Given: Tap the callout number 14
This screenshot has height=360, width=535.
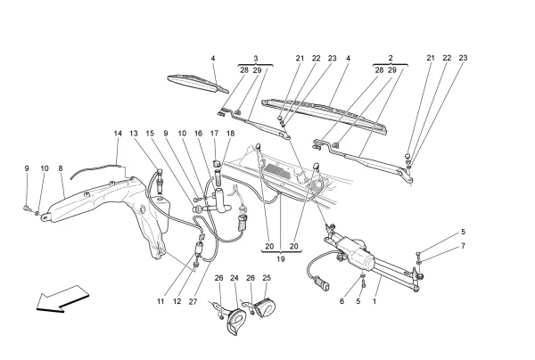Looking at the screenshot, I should point(118,134).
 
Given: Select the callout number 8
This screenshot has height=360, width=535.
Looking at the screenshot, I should point(61,168).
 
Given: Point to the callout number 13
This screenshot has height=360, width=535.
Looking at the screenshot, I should point(135,134).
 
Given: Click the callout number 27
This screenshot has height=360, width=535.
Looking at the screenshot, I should point(193,302).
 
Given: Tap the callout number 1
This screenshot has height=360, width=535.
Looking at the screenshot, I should point(374,302).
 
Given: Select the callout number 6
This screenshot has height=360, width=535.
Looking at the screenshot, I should point(341,302).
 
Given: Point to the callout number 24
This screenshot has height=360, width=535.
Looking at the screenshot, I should point(235,277).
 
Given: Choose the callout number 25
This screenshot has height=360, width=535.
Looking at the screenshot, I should point(266,277).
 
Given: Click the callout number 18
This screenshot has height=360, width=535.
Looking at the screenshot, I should point(229,134).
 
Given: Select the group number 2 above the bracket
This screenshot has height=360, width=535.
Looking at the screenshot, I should point(391,58).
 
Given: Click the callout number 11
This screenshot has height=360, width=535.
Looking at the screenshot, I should point(161,302).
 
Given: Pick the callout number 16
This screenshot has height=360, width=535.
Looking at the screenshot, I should point(198,134).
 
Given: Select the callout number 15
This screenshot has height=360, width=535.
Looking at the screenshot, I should point(150,134).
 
